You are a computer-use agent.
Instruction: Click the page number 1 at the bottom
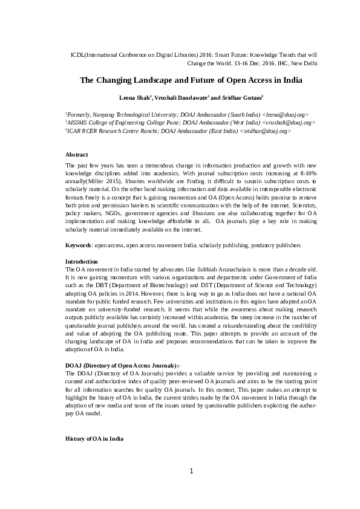191,472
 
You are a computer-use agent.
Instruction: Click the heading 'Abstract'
76,155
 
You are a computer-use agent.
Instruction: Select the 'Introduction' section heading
82,261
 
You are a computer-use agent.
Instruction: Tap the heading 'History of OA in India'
94,438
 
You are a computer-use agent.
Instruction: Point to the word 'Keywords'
78,245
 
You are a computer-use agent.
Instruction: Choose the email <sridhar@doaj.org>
266,131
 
